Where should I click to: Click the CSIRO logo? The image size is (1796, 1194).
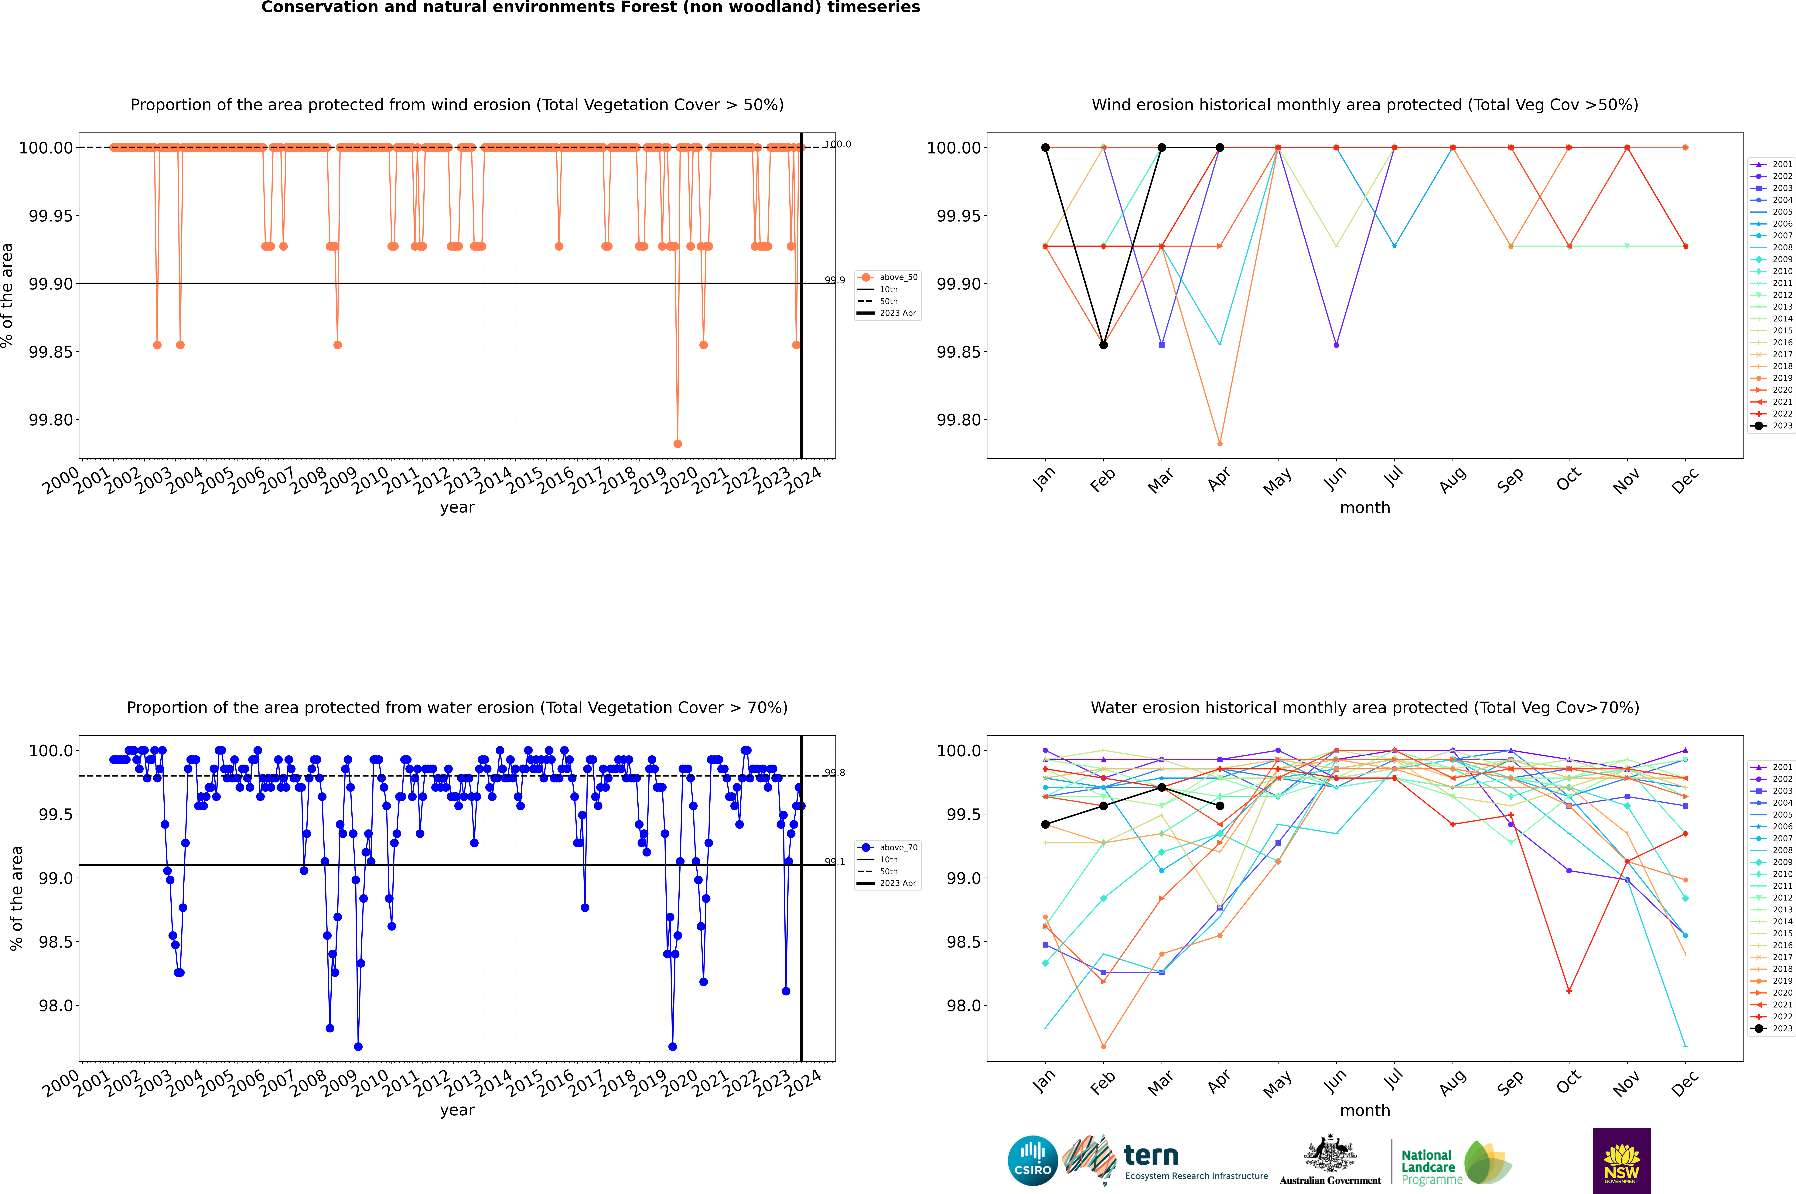point(1032,1161)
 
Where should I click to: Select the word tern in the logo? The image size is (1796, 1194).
point(1151,1156)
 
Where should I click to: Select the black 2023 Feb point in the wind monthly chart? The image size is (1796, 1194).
point(1103,345)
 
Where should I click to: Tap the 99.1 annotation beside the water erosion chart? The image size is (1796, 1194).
point(835,862)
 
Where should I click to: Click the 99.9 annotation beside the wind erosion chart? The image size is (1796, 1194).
point(835,280)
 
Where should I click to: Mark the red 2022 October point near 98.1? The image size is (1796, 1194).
point(1569,991)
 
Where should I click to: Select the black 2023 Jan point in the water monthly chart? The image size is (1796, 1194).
point(1045,825)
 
